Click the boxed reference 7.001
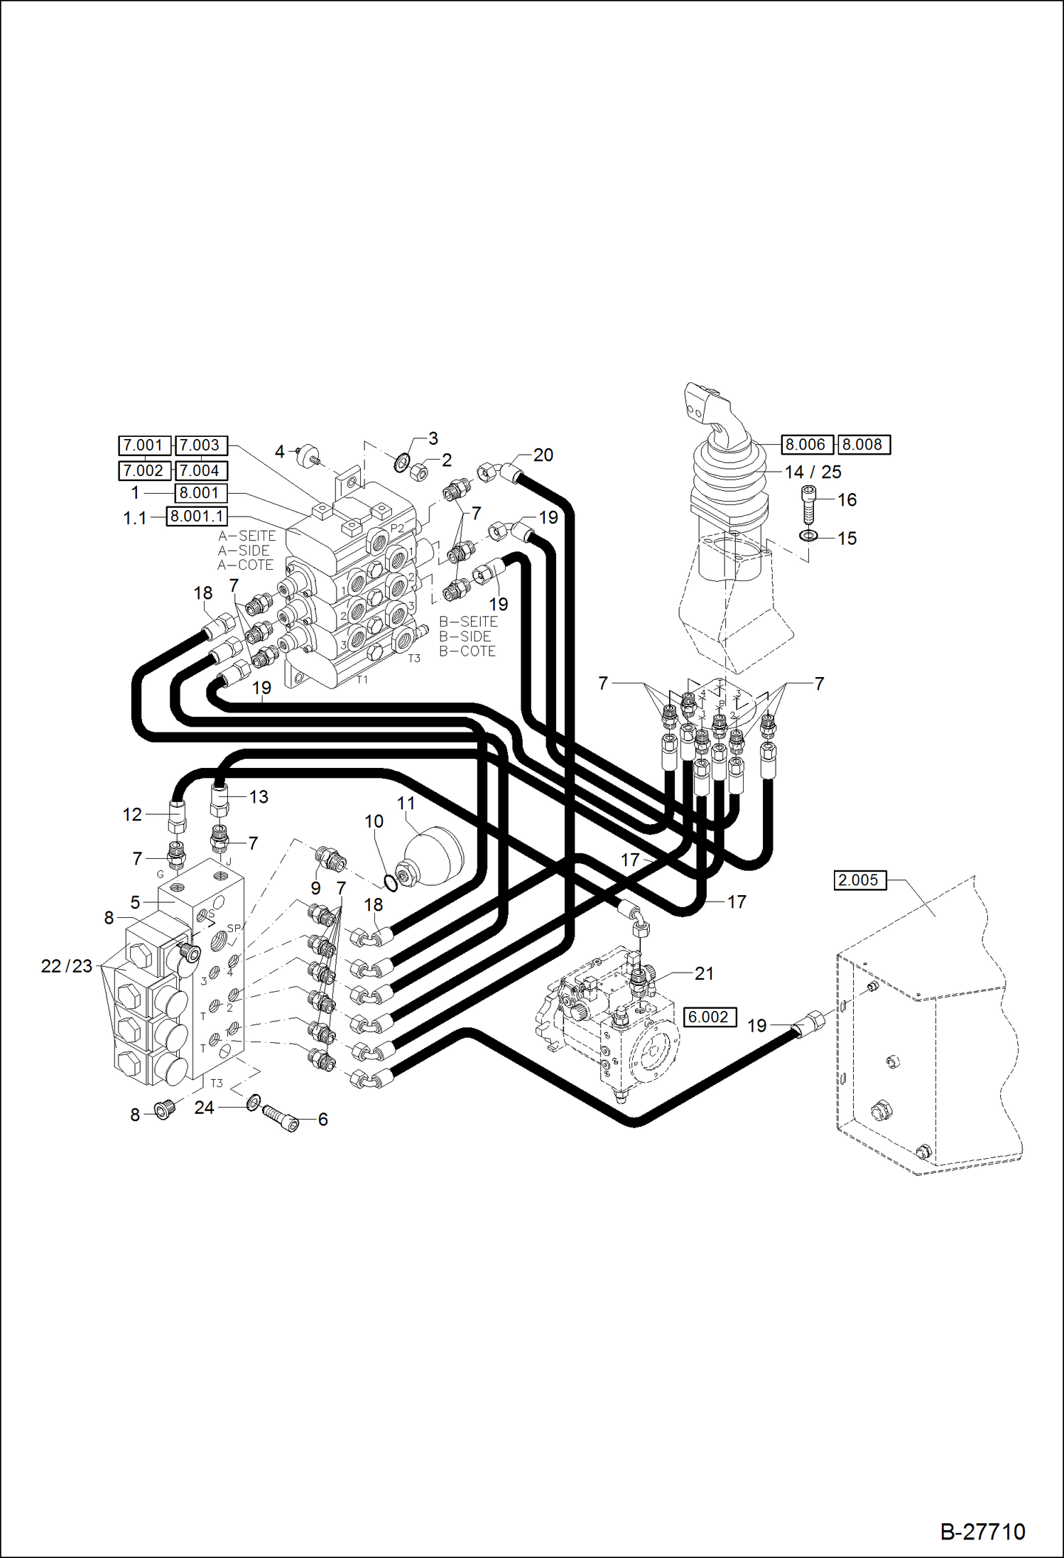point(144,445)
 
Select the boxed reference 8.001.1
point(197,516)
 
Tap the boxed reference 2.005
point(859,880)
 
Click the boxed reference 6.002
point(709,1017)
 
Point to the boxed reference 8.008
point(863,445)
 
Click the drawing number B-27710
point(982,1531)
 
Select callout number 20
point(543,455)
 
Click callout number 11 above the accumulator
point(406,803)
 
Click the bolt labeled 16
point(808,504)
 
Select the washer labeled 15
point(808,535)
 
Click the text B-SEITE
point(468,622)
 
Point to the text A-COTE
point(245,565)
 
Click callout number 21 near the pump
point(703,973)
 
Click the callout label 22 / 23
point(67,966)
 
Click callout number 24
point(204,1108)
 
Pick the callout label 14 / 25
point(813,472)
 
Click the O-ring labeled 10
point(390,882)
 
